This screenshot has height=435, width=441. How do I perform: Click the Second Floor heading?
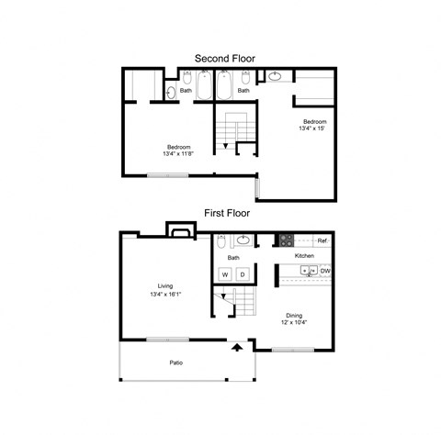click(x=225, y=59)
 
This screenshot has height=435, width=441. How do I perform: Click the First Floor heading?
click(x=227, y=213)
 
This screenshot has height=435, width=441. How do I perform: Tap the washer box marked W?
click(x=225, y=274)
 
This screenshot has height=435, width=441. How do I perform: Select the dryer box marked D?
click(x=243, y=274)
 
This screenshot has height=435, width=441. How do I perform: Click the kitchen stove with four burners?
click(x=287, y=240)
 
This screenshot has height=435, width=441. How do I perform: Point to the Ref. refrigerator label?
click(x=322, y=240)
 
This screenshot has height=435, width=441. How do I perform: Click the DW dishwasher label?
click(x=325, y=271)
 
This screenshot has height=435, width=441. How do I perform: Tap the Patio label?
click(x=176, y=362)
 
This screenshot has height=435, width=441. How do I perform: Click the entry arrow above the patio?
click(x=237, y=348)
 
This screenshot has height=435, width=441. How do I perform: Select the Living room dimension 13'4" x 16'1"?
click(x=165, y=295)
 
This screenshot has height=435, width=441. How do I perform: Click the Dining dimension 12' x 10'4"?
click(x=294, y=322)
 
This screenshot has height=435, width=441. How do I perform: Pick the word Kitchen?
click(x=304, y=256)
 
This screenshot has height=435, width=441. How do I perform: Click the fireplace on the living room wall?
click(x=181, y=229)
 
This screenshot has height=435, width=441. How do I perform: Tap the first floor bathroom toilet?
click(x=220, y=241)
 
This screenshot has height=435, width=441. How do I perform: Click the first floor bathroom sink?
click(x=243, y=240)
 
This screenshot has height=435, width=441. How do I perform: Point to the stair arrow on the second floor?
click(x=225, y=146)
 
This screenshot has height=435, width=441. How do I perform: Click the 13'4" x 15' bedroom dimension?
click(x=311, y=128)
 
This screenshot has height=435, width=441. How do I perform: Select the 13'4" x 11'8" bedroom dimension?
click(x=178, y=153)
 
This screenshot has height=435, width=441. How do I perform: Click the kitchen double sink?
click(x=309, y=271)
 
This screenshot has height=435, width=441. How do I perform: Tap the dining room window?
click(x=293, y=350)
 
